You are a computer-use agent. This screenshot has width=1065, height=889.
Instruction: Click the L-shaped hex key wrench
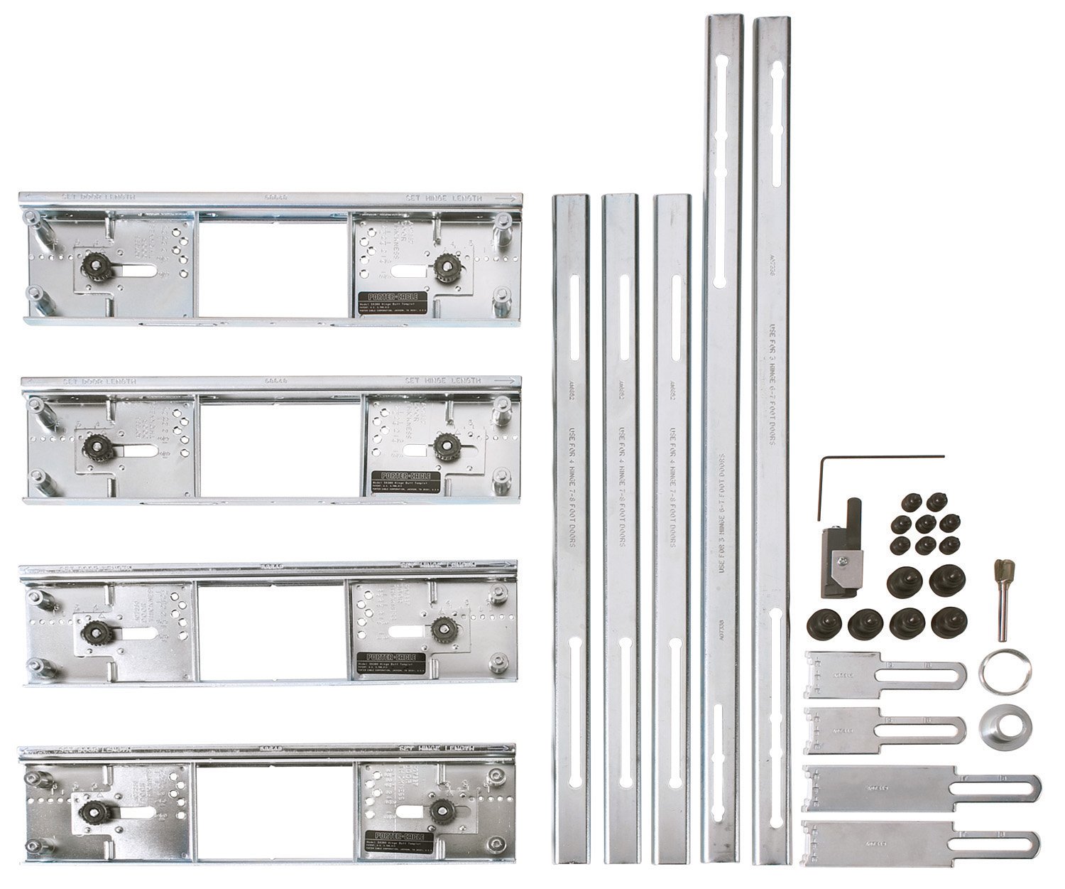(x=824, y=483)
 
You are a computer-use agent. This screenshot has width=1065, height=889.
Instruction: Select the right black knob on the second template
(x=445, y=445)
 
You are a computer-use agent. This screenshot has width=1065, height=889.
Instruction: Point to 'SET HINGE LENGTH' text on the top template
(x=443, y=198)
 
